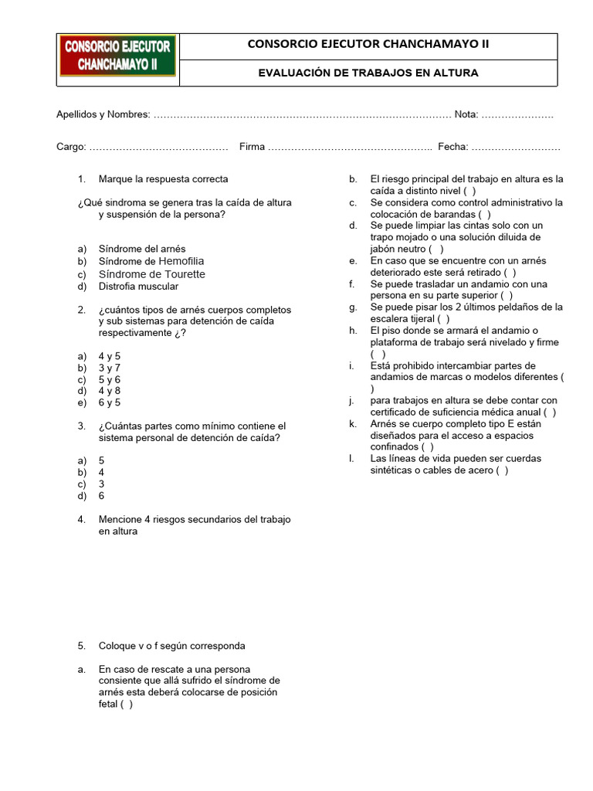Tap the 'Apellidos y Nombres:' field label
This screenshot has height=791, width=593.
tap(103, 114)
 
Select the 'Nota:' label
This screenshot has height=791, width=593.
tap(466, 114)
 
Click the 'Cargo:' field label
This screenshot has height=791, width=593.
tap(72, 147)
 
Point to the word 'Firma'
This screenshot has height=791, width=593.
tap(252, 147)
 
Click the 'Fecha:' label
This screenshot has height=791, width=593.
tap(452, 147)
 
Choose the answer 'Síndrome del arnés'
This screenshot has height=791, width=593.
tap(143, 250)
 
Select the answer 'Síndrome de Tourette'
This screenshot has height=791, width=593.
tap(151, 274)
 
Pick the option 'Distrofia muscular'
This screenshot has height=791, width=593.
tap(138, 287)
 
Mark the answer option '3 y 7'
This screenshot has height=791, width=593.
tap(110, 368)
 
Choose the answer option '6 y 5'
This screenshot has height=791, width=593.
tap(110, 402)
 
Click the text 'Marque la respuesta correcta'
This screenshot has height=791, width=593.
tap(163, 179)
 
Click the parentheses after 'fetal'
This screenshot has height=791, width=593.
tap(127, 704)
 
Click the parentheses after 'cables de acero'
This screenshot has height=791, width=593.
tap(502, 470)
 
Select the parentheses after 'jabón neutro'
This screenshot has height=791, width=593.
tap(437, 249)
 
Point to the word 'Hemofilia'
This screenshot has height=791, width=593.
tap(181, 262)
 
